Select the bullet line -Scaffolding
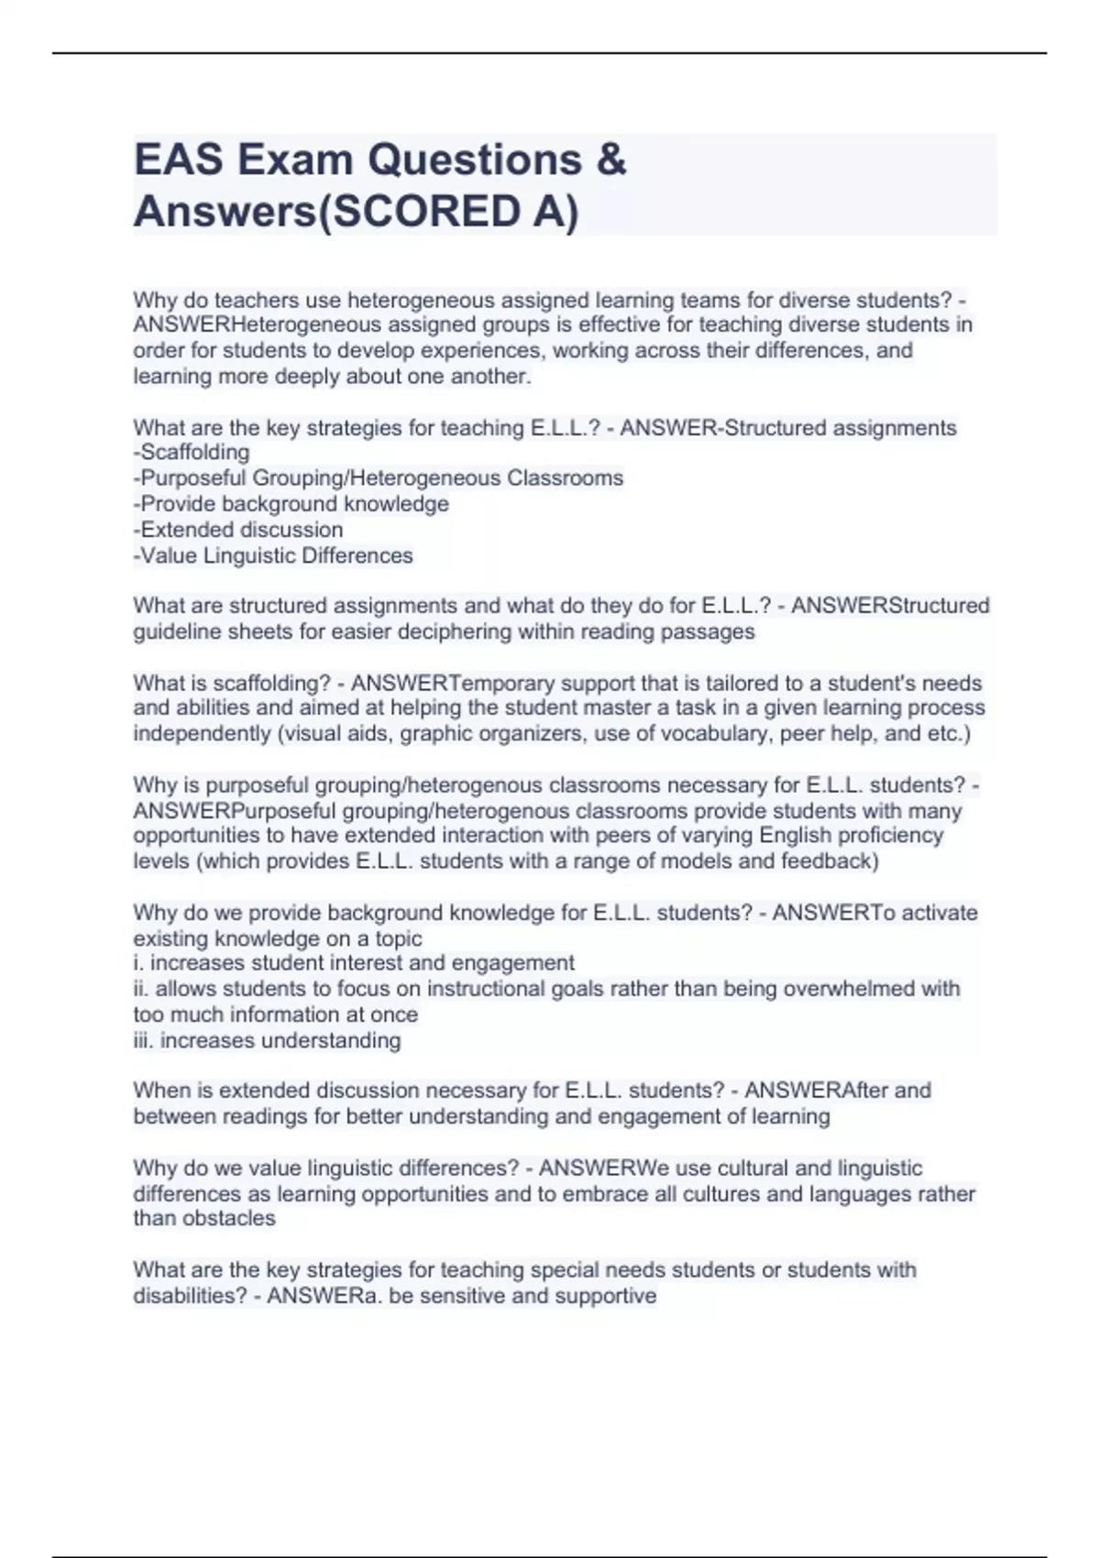[191, 452]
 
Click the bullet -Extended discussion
[237, 529]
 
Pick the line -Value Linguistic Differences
[272, 555]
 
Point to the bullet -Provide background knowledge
[291, 503]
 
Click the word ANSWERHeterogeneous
[258, 324]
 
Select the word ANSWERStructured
[890, 606]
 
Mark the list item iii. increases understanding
[267, 1040]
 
